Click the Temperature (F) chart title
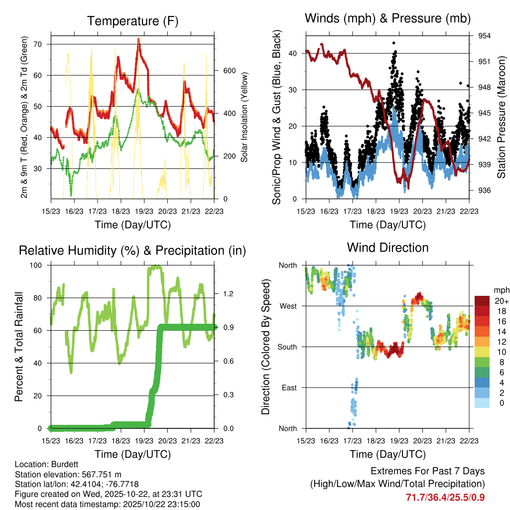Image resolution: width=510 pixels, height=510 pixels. point(132,21)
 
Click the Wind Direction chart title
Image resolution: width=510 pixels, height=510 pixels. point(387,247)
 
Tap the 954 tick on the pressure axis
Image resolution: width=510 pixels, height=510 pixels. point(485,36)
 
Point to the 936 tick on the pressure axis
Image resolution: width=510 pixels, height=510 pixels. point(485,190)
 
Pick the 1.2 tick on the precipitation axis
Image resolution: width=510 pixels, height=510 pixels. point(228,294)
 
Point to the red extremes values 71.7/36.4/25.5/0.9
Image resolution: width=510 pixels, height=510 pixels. point(445,497)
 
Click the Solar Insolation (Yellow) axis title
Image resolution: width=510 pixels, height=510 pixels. point(245,117)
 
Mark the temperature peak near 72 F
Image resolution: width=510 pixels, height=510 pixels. point(138,39)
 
